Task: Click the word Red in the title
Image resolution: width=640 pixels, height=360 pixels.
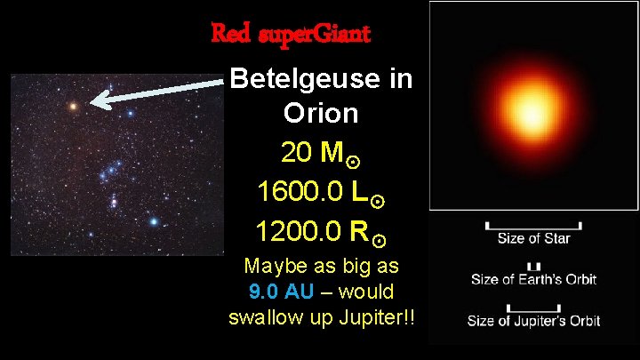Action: (x=229, y=35)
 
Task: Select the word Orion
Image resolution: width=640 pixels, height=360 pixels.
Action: (x=321, y=113)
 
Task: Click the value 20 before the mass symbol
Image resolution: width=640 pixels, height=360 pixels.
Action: (x=295, y=154)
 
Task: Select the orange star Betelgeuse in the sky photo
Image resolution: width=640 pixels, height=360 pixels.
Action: (x=73, y=106)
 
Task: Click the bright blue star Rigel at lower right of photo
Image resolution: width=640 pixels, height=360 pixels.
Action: (x=155, y=221)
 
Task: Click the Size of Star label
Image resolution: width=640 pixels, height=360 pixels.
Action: (x=533, y=238)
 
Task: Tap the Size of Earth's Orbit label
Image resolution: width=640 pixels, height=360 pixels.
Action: (x=533, y=279)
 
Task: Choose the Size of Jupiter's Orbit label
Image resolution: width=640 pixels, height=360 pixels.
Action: (x=533, y=320)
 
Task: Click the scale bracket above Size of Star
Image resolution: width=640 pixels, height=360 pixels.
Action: (x=533, y=223)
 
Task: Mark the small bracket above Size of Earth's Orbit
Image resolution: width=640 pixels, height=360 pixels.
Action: (x=533, y=266)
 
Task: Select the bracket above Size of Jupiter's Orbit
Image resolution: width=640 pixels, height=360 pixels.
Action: (x=533, y=305)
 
